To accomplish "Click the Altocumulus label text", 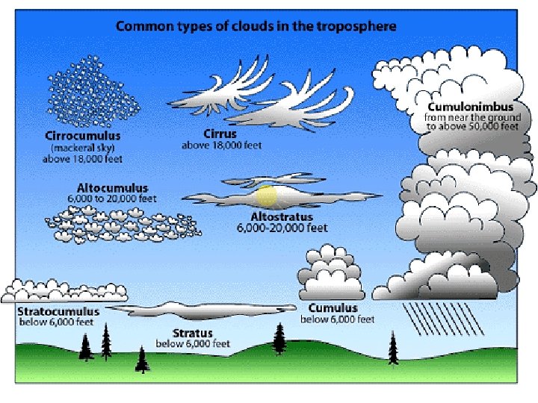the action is coord(112,188).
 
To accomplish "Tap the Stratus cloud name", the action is coord(194,333).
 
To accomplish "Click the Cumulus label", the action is coord(333,308).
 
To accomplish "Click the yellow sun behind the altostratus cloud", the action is coord(267,198).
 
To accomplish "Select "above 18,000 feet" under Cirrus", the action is coord(222,146).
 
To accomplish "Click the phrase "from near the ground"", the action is coord(469,117).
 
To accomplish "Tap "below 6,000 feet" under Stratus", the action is coord(192,344).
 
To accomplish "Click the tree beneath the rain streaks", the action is coord(392,349).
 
